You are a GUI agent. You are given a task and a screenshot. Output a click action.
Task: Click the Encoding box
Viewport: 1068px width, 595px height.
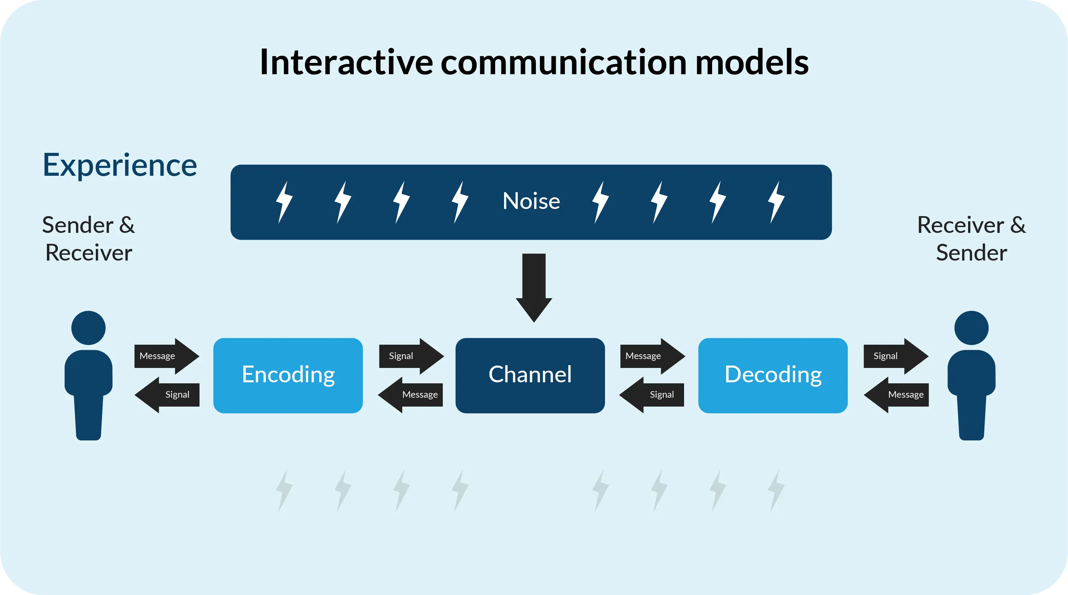click(288, 375)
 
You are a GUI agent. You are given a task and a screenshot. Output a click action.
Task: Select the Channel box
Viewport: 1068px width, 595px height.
click(530, 375)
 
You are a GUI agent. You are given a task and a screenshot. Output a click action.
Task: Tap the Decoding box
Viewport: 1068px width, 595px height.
click(773, 375)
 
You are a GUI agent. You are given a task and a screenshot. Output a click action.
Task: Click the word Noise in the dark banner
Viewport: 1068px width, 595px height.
click(531, 201)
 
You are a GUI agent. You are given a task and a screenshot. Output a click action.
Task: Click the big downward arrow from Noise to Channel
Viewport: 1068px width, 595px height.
click(534, 288)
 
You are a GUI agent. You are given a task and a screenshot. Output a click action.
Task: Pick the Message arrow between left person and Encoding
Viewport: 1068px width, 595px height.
click(167, 356)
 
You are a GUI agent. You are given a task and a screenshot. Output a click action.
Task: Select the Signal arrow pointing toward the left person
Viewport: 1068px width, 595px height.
click(167, 395)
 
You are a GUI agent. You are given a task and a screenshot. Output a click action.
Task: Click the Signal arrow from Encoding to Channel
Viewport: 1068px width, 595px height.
click(412, 356)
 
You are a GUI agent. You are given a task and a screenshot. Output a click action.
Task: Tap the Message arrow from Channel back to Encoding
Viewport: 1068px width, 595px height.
click(410, 395)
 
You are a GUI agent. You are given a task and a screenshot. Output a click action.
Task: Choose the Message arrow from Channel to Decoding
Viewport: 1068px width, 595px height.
click(653, 356)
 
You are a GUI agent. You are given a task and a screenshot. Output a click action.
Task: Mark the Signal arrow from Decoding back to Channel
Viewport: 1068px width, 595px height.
click(651, 395)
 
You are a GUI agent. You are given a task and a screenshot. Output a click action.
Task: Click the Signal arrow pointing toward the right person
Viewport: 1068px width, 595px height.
click(896, 356)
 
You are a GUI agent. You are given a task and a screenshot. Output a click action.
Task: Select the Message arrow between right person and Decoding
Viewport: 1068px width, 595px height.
click(896, 395)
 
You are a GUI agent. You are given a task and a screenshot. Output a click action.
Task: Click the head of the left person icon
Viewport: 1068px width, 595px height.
click(88, 328)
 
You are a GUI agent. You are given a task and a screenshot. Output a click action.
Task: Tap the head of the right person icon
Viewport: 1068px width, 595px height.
click(972, 328)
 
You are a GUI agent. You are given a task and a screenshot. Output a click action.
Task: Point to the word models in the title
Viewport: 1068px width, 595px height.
click(752, 62)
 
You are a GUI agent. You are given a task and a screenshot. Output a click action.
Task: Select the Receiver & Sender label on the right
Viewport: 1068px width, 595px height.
click(972, 239)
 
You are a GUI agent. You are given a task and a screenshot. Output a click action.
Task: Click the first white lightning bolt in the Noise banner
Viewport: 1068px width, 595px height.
click(284, 202)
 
